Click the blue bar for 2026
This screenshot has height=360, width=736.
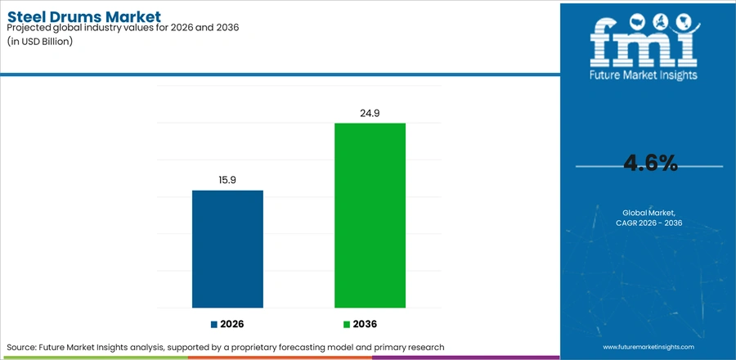click(227, 249)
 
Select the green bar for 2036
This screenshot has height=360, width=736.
click(370, 215)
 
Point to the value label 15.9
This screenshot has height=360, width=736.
click(227, 180)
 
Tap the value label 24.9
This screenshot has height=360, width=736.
click(370, 113)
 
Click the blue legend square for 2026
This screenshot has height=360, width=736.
click(214, 324)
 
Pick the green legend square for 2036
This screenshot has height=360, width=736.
click(347, 324)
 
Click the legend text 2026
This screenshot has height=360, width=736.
click(232, 324)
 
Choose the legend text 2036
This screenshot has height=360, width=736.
click(365, 324)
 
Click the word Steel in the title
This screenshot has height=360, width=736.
click(25, 17)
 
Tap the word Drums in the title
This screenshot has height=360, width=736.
click(74, 17)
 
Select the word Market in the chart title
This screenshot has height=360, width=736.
click(132, 17)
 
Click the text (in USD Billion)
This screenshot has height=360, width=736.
click(39, 42)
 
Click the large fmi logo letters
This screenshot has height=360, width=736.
click(644, 43)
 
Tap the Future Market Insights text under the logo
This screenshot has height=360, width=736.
click(644, 74)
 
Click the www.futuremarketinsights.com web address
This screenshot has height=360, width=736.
click(648, 347)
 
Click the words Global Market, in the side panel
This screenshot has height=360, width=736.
click(648, 213)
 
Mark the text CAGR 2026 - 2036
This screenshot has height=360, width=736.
click(648, 223)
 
